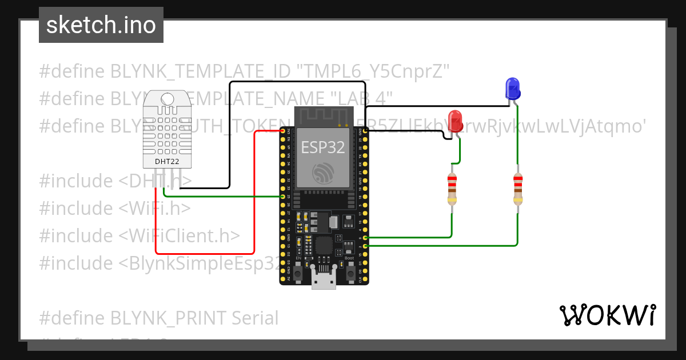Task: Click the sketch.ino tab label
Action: point(101,25)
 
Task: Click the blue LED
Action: point(513,89)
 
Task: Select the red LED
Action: point(456,121)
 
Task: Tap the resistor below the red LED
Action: point(452,189)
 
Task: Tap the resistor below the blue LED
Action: point(517,189)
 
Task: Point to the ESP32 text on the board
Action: point(323,147)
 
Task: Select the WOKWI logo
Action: point(607,315)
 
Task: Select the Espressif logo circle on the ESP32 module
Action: point(324,173)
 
